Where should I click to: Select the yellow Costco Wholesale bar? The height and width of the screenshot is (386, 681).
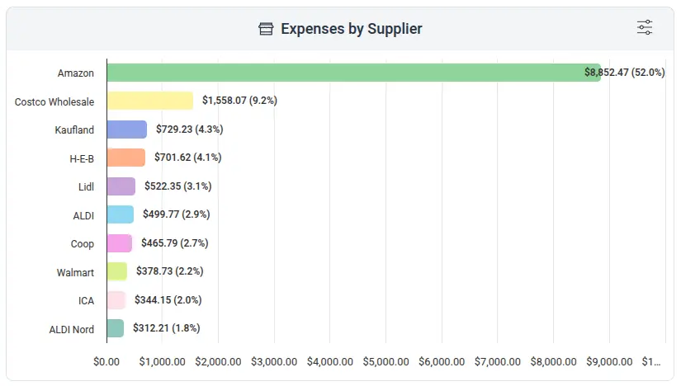pos(149,101)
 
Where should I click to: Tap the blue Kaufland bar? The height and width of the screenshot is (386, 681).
pos(126,129)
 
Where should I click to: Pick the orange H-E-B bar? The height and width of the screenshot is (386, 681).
pos(125,158)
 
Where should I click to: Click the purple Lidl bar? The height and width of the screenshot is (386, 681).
pos(121,186)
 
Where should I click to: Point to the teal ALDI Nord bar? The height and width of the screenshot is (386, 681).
pos(115,328)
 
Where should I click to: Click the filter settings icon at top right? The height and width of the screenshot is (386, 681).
pos(645,28)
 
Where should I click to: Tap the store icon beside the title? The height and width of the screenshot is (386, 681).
pos(266,30)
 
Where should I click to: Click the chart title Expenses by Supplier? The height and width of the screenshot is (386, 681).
pos(351,30)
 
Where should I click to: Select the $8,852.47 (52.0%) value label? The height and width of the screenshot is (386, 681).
pos(624,73)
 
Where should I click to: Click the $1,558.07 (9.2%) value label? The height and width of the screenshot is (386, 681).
pos(239,101)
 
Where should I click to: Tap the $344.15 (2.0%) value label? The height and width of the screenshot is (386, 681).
pos(168,299)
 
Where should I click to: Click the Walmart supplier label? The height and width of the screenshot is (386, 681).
pos(75,272)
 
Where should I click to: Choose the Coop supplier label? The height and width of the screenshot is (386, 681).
pos(83,243)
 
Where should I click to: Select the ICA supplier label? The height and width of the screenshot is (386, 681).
pos(86,300)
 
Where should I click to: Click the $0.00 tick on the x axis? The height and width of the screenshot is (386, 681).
pos(106,362)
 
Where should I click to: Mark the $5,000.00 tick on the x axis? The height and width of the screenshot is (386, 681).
pos(385,362)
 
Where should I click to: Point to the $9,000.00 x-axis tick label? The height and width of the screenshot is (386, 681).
pos(609,362)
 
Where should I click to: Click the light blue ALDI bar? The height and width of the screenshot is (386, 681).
pos(120,214)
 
